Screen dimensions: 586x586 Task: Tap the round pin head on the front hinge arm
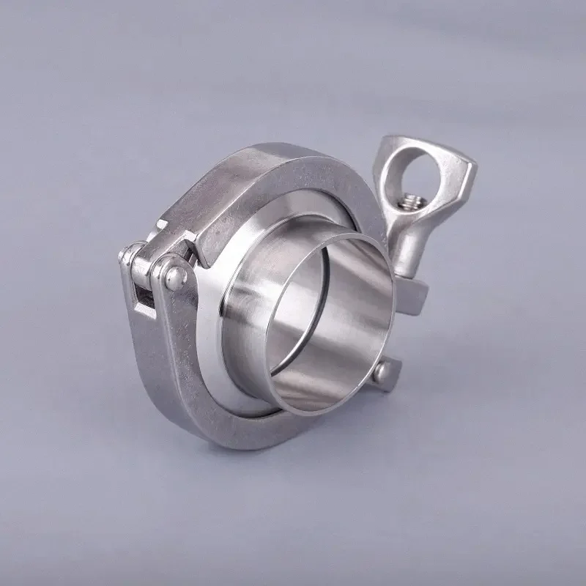pyautogui.click(x=173, y=276)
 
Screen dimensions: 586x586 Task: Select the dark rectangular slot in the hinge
pyautogui.click(x=143, y=297)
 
